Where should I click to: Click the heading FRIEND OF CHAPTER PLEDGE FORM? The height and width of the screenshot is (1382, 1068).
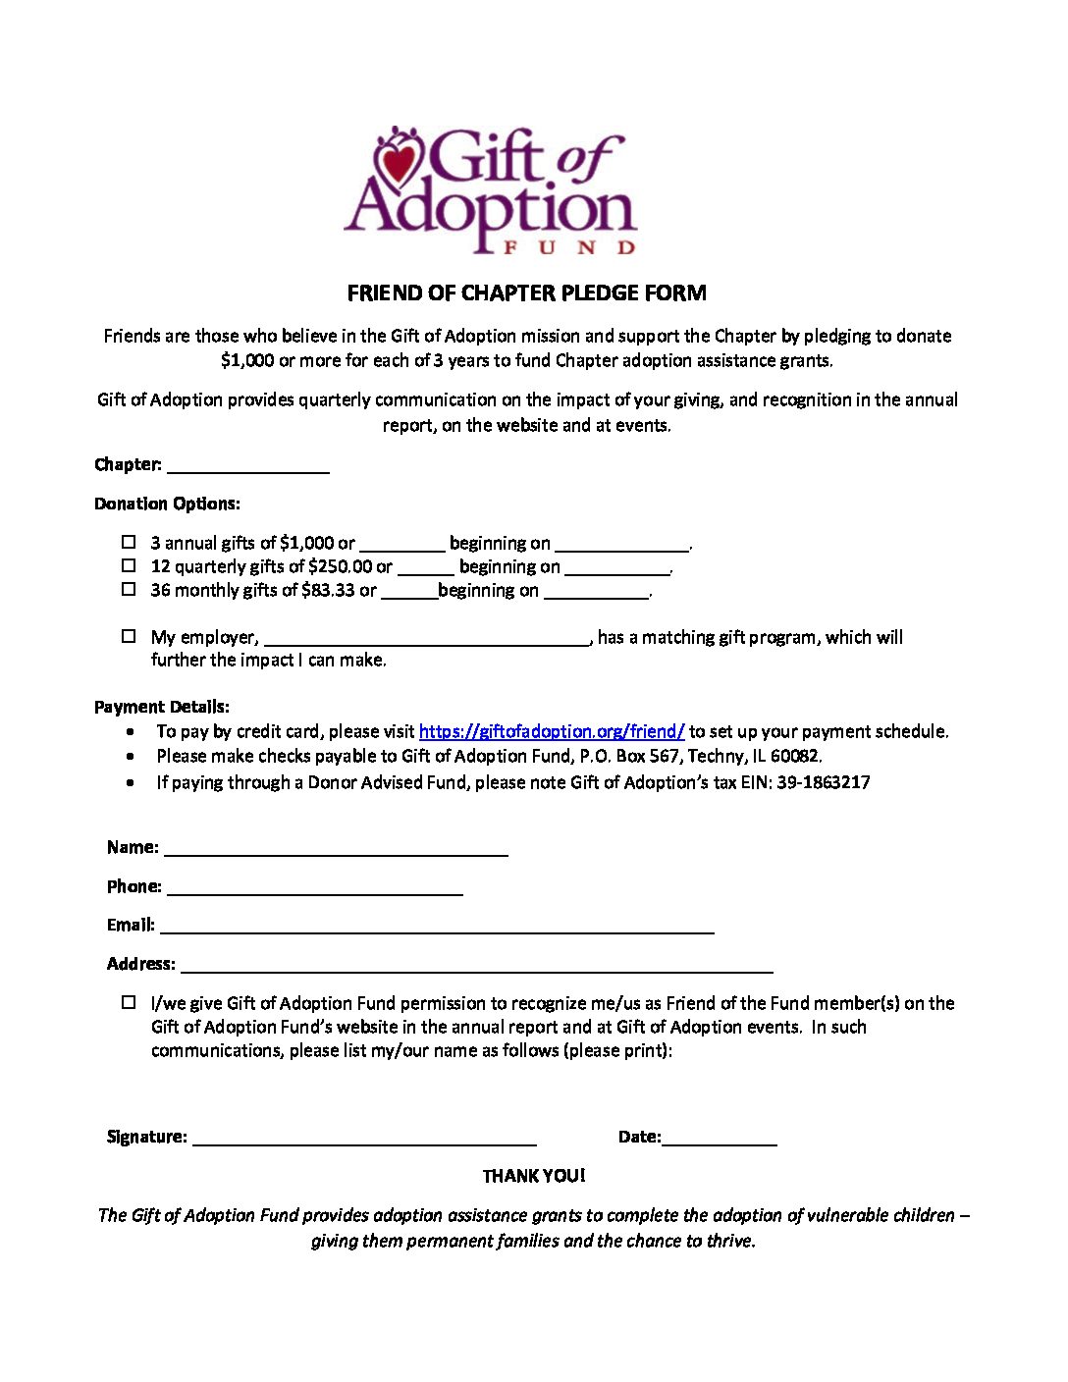(526, 292)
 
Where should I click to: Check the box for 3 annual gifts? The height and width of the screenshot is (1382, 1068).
(129, 542)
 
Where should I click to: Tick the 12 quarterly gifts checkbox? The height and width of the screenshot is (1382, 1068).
(129, 565)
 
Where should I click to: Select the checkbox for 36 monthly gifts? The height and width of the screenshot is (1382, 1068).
(129, 589)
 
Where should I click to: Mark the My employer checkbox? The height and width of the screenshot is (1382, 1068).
(129, 636)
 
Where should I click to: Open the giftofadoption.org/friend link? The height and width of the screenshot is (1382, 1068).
(552, 731)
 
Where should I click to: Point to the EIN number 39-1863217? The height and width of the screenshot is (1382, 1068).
(823, 782)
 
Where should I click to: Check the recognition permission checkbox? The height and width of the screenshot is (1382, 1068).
(129, 1002)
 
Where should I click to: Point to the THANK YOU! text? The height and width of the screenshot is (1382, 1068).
(533, 1176)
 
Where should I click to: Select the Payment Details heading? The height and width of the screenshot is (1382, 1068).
(162, 707)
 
